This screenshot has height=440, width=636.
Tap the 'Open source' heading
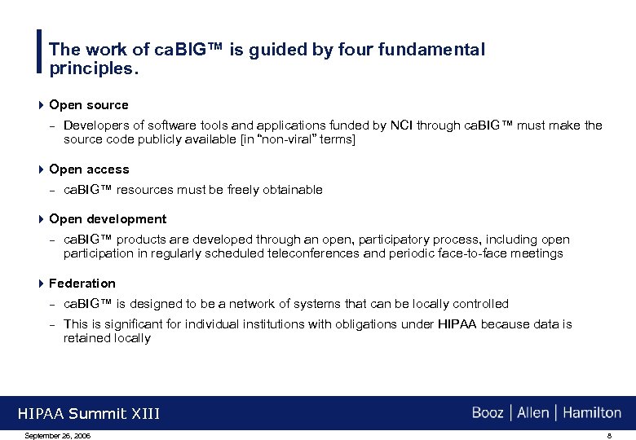tap(88, 105)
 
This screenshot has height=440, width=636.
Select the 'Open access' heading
tap(89, 169)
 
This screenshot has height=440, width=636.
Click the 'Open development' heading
tap(108, 219)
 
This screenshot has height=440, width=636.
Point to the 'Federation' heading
tap(82, 284)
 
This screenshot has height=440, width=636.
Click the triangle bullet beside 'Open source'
tap(42, 105)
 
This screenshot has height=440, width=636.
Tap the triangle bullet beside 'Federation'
tap(42, 284)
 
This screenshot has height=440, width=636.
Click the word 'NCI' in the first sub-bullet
tap(401, 125)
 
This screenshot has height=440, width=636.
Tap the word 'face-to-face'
tap(484, 253)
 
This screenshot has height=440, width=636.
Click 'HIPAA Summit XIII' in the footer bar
tap(89, 415)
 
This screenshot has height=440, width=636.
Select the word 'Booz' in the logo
tap(488, 413)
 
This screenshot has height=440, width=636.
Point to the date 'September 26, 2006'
tap(58, 435)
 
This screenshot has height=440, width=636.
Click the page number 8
tap(608, 435)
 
